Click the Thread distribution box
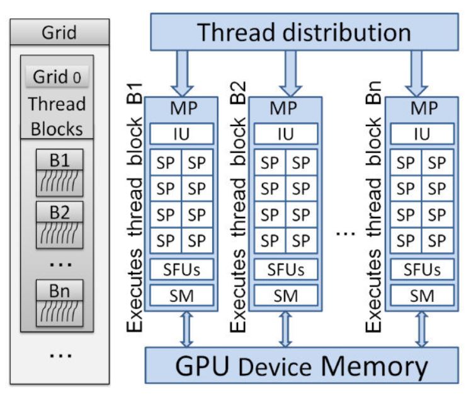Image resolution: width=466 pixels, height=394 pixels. point(305,32)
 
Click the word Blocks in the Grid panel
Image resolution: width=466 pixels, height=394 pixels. point(57,129)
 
